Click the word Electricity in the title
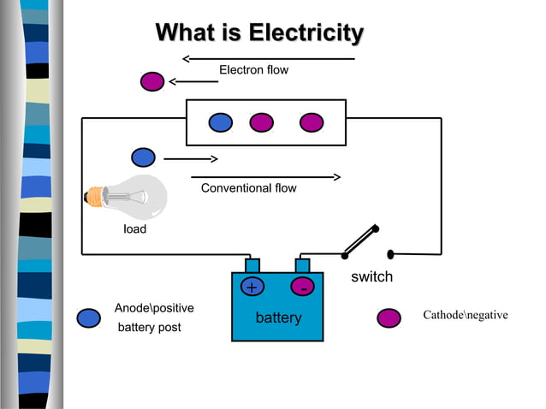[306, 34]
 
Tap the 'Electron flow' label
[253, 70]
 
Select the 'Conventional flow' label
[248, 188]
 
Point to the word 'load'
[135, 229]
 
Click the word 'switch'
[371, 277]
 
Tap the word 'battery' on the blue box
[278, 318]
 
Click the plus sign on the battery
[252, 287]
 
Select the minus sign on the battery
[303, 288]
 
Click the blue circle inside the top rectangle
[221, 122]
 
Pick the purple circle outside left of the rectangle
[152, 81]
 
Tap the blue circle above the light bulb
[143, 157]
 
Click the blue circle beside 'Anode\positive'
[88, 318]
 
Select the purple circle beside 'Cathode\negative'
[389, 318]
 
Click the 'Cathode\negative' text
[465, 316]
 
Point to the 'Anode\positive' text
[154, 308]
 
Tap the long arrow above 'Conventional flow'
[266, 177]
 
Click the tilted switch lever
[360, 241]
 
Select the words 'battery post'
[149, 328]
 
